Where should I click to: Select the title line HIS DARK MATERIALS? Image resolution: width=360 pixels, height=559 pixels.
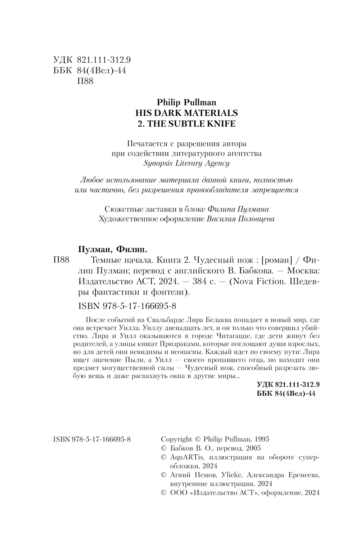coord(186,113)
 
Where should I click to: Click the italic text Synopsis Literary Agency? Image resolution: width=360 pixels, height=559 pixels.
coord(186,163)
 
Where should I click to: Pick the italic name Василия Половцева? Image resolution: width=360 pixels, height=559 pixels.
coord(241,219)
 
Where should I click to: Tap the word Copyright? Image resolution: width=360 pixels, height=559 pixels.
coord(176,439)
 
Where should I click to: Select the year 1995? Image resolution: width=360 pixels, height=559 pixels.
coord(262,439)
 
